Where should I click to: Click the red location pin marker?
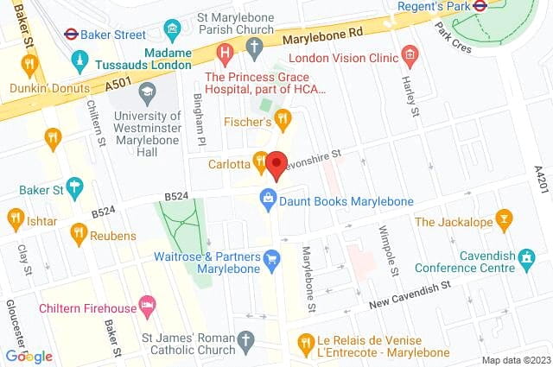(276, 164)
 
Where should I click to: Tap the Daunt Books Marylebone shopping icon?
(269, 201)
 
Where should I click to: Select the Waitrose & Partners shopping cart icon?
(272, 258)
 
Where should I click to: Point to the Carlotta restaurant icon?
(260, 160)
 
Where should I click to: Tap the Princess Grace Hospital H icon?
(226, 54)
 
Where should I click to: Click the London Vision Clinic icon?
(410, 57)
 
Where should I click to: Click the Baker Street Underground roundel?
(71, 35)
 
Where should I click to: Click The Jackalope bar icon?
(504, 221)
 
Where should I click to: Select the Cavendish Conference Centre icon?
(527, 257)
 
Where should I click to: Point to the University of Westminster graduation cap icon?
(147, 91)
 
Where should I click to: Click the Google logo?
(29, 356)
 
